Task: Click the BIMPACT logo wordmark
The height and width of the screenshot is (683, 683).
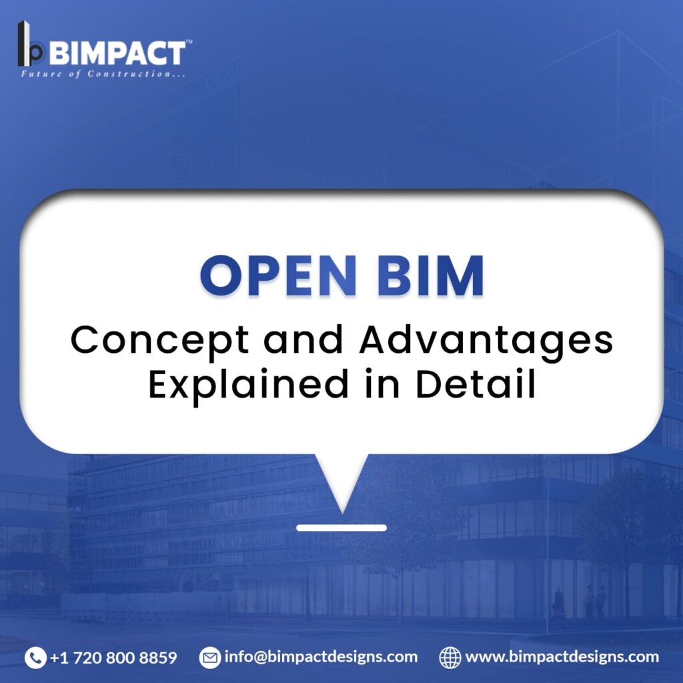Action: click(118, 53)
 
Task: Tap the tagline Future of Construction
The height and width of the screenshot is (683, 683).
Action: click(103, 73)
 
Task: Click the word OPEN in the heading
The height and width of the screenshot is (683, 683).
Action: click(278, 275)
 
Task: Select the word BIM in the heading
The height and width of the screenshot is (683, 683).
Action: click(430, 275)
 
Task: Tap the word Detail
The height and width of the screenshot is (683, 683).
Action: click(475, 384)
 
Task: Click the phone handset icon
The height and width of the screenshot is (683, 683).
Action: click(35, 657)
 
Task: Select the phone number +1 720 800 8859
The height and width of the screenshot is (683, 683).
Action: click(113, 657)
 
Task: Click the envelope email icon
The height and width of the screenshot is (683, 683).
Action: click(210, 657)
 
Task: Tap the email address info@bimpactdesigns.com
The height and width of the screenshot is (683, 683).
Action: click(321, 657)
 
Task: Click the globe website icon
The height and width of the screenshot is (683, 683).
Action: click(450, 657)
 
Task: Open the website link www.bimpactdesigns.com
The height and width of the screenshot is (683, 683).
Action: click(562, 657)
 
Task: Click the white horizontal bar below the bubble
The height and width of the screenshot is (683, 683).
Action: click(341, 528)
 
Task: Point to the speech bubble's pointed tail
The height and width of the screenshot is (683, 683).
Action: click(342, 513)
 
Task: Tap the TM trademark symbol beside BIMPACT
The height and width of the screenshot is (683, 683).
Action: click(189, 42)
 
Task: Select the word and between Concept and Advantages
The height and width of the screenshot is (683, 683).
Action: click(303, 339)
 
